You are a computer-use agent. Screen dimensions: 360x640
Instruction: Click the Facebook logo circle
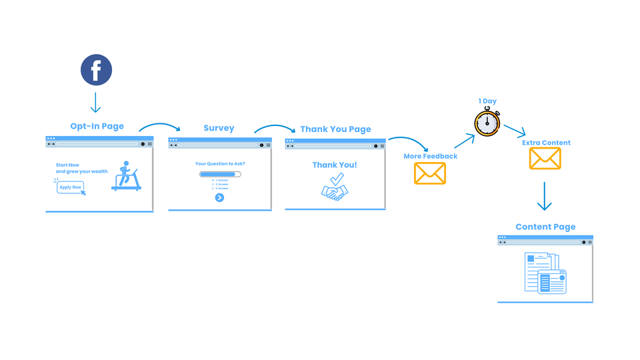pyautogui.click(x=97, y=70)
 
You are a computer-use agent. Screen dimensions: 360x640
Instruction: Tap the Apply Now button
pyautogui.click(x=70, y=187)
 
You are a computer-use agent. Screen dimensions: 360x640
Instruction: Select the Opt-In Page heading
pyautogui.click(x=97, y=126)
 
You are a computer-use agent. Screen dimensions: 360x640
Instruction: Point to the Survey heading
pyautogui.click(x=219, y=128)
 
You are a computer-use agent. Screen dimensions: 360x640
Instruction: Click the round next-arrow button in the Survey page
pyautogui.click(x=219, y=197)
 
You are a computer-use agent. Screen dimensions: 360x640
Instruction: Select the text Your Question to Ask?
pyautogui.click(x=219, y=163)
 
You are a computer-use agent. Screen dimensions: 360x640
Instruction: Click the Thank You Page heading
pyautogui.click(x=335, y=129)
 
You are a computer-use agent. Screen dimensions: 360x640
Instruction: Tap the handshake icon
pyautogui.click(x=335, y=191)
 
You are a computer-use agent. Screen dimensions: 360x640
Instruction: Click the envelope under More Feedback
pyautogui.click(x=430, y=173)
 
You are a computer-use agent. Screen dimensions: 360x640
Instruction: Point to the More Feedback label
pyautogui.click(x=430, y=157)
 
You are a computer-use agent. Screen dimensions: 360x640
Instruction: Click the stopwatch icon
pyautogui.click(x=487, y=123)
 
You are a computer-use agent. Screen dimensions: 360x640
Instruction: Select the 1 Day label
pyautogui.click(x=487, y=101)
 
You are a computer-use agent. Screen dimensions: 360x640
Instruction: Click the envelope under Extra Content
pyautogui.click(x=545, y=159)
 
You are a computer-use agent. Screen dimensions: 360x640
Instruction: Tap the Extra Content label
pyautogui.click(x=546, y=143)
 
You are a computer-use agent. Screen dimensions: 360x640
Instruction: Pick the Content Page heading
pyautogui.click(x=545, y=227)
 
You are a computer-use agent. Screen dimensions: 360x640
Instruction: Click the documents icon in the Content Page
pyautogui.click(x=545, y=273)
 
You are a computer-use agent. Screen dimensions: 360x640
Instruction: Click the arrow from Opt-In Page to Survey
pyautogui.click(x=160, y=126)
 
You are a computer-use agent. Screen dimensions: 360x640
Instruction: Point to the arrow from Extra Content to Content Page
pyautogui.click(x=545, y=196)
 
